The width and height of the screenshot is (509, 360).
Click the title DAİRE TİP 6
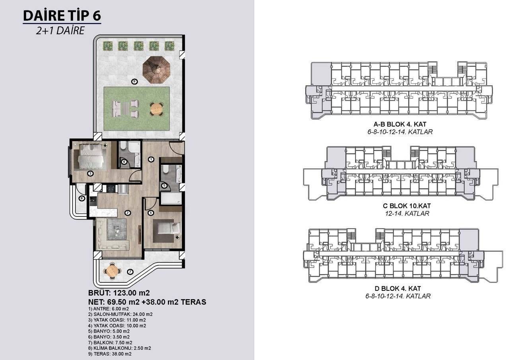coord(62,16)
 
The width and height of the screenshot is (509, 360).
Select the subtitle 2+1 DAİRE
coord(60,31)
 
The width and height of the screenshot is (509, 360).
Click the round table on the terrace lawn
coord(157,108)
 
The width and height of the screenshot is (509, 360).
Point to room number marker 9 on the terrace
coord(134,82)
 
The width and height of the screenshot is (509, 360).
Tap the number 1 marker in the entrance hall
coord(151,160)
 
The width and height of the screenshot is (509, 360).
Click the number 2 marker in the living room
coord(128,213)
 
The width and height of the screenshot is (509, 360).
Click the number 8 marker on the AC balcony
coord(82,198)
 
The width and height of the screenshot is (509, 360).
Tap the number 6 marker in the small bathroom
coord(124,162)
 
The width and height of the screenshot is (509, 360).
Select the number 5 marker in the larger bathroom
coord(164,185)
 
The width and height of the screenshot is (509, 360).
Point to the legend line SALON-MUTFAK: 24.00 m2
coord(119,314)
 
